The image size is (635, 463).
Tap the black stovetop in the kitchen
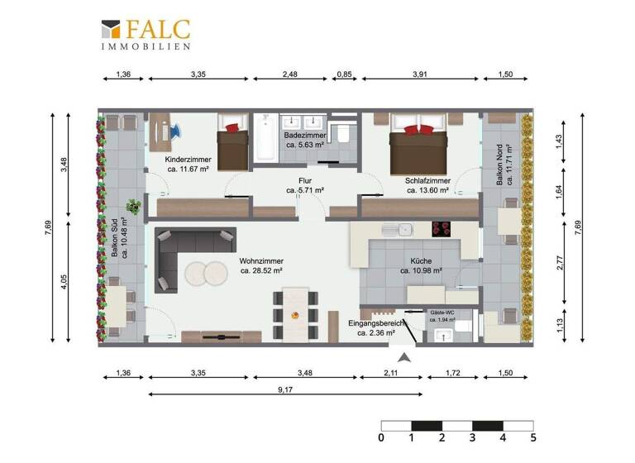click(x=444, y=229)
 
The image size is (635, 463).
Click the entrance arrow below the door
click(x=405, y=357)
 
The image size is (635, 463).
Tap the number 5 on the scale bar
click(x=532, y=437)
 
